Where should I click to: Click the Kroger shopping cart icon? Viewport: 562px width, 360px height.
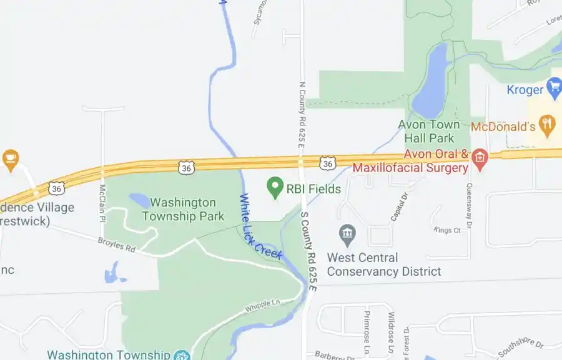coord(554,88)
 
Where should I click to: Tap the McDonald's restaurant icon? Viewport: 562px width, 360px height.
coord(548,125)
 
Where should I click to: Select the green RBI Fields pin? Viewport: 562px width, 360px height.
coord(274,188)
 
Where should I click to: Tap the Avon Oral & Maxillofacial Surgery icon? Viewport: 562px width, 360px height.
coord(479,157)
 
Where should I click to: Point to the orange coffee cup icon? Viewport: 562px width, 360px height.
coord(10,160)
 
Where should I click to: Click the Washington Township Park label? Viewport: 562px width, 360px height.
coord(183,210)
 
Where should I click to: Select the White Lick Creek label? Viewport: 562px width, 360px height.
coord(261,226)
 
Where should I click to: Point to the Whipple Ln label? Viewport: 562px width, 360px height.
coord(262,306)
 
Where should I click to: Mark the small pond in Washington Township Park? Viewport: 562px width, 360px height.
coord(139,201)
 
